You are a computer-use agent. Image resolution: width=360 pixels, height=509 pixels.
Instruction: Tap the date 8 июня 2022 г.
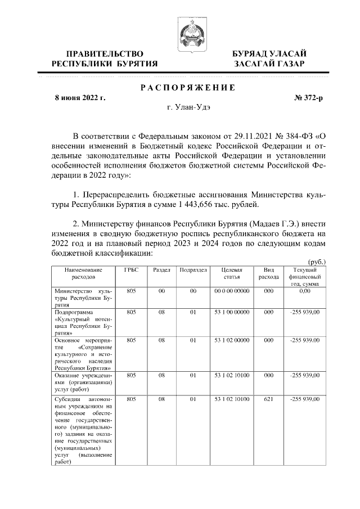tap(79, 98)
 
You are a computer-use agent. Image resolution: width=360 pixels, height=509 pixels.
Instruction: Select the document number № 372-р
tap(309, 98)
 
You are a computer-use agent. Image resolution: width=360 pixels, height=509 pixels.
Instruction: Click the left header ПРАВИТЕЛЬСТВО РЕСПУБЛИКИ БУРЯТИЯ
tap(105, 58)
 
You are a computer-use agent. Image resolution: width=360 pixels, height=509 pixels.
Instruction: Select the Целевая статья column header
tap(232, 273)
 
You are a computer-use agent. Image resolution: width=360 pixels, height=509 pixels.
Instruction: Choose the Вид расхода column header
tap(268, 273)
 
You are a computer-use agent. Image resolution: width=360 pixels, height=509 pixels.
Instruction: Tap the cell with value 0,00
tap(305, 291)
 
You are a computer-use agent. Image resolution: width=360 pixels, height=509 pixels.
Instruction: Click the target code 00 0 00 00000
tap(232, 291)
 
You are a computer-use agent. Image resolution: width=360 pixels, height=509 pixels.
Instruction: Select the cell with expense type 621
tap(268, 399)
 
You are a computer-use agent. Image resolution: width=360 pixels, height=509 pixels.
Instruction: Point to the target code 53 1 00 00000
tap(232, 312)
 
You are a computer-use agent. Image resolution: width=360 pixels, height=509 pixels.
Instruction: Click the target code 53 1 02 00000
tap(232, 340)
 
